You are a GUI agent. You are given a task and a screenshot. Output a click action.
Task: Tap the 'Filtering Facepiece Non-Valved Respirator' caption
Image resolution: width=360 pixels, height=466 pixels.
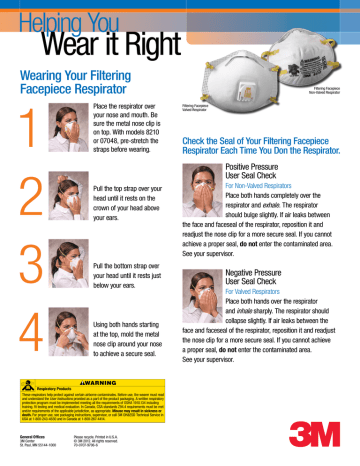click(322, 92)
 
